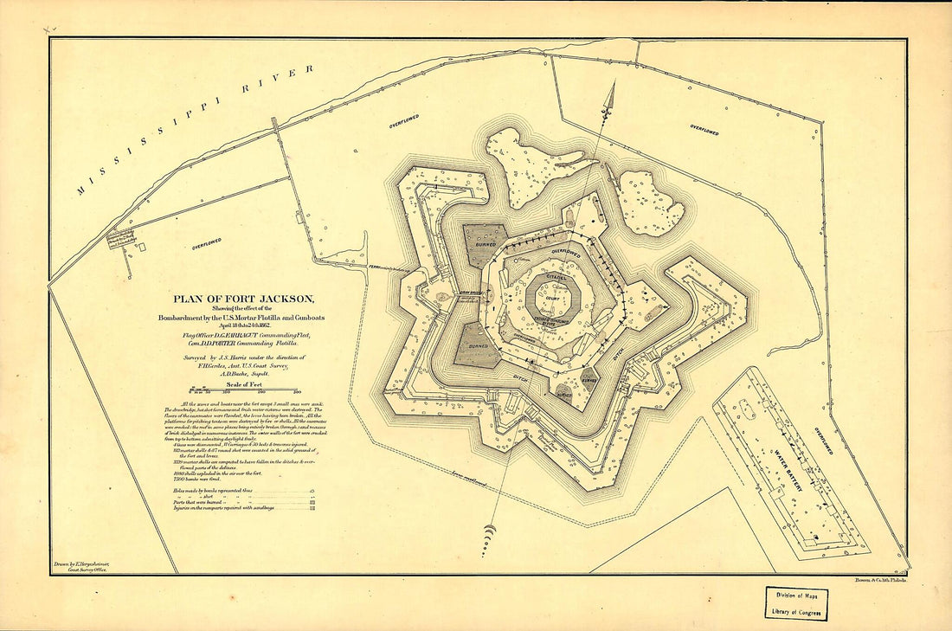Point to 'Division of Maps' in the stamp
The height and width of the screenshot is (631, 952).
tap(795, 595)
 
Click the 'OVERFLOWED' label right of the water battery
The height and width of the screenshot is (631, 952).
tap(823, 441)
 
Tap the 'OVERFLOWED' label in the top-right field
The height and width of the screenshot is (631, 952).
tap(704, 130)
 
